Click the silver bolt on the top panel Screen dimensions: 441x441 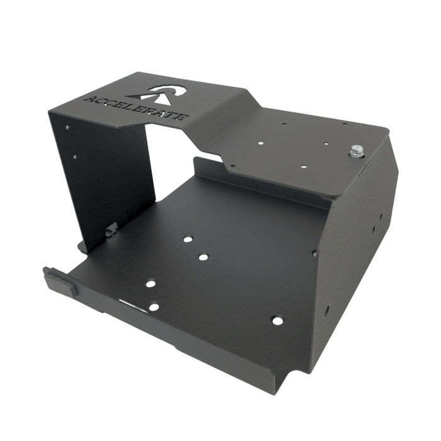pos(356,151)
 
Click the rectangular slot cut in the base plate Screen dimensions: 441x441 pos(130,305)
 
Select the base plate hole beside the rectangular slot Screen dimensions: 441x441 pos(154,307)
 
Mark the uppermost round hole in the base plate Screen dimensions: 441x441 pos(187,239)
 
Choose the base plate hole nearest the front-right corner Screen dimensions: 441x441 pos(277,321)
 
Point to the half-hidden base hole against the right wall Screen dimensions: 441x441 pos(313,253)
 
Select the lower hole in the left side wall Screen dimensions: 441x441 pos(75,157)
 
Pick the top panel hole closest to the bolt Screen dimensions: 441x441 pos(326,144)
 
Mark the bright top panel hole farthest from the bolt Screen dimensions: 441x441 pos(260,143)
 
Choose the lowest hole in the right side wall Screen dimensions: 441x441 pos(326,310)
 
